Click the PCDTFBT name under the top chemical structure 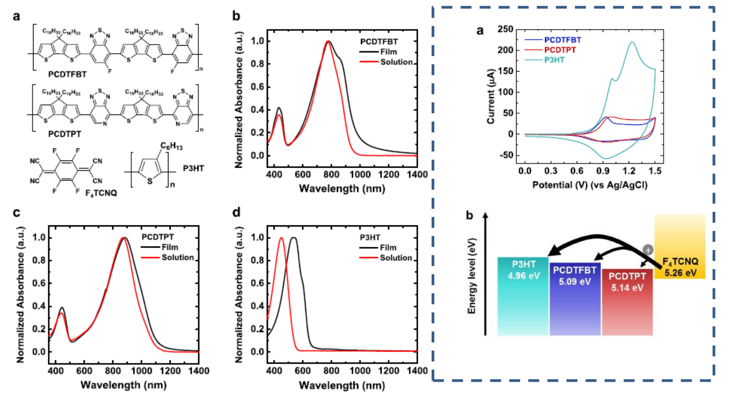67,74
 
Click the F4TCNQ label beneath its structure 101,193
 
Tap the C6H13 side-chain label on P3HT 171,146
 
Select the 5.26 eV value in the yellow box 680,273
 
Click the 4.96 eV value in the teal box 523,276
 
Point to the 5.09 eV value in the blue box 575,282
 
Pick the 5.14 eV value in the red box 627,287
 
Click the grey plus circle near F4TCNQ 647,250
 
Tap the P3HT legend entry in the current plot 554,60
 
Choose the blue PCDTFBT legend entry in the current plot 562,40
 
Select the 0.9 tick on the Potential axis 603,171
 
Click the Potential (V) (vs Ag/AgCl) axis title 589,185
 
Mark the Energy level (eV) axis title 472,275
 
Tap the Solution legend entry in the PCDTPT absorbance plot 177,258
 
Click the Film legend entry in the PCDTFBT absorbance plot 388,52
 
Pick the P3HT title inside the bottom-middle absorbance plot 370,237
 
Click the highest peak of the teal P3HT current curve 632,42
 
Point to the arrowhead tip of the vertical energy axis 486,215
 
